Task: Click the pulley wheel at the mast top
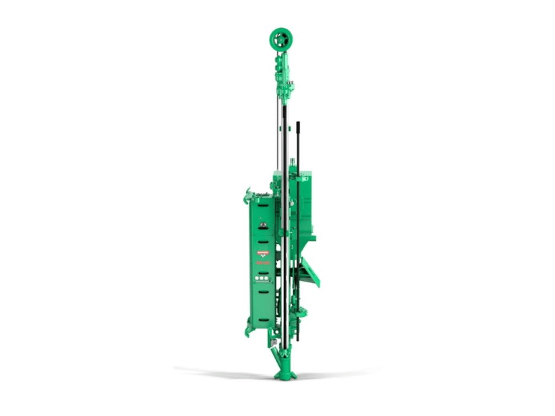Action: click(x=280, y=39)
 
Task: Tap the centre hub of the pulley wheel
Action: click(x=280, y=39)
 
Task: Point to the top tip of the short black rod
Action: click(x=298, y=123)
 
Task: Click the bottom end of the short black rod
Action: click(x=299, y=339)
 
